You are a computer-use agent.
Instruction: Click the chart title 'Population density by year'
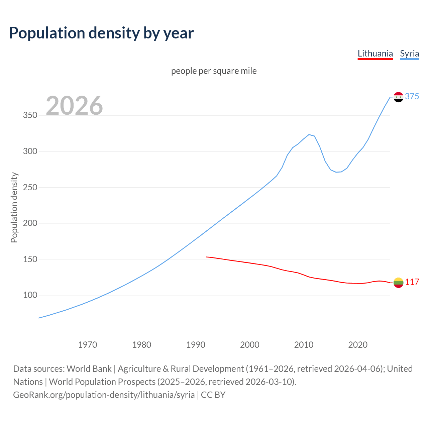click(101, 33)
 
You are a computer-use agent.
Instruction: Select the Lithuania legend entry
click(375, 53)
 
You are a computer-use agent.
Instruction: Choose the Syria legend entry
click(409, 53)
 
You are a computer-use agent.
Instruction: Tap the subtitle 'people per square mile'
click(214, 71)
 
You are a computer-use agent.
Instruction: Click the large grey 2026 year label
click(74, 106)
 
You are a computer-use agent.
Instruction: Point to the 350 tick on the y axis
click(30, 115)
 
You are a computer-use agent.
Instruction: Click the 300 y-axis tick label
click(30, 151)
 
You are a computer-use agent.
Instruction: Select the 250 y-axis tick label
click(30, 187)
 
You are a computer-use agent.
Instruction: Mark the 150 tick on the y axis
click(30, 259)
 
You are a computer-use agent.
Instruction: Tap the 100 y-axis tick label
click(30, 295)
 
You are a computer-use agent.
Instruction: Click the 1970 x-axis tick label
click(88, 345)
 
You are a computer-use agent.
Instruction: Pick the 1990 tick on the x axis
click(196, 345)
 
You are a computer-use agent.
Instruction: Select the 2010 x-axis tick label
click(304, 345)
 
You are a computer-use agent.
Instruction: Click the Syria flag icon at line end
click(398, 97)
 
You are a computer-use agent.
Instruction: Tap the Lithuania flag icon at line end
click(398, 283)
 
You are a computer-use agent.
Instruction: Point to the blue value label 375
click(412, 96)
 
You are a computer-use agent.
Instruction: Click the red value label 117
click(412, 282)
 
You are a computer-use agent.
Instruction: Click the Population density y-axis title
click(14, 207)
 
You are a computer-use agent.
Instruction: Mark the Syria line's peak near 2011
click(309, 134)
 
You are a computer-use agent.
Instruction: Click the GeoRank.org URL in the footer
click(104, 395)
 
